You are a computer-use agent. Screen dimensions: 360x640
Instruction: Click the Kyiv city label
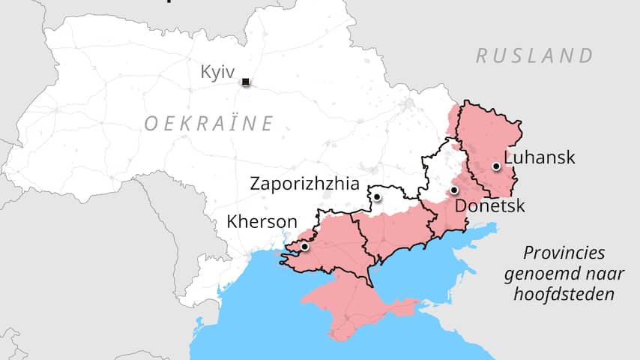coord(217,72)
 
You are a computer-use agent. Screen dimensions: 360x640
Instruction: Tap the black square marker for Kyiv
coord(245,82)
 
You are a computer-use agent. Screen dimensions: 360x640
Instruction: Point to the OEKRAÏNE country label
coord(209,123)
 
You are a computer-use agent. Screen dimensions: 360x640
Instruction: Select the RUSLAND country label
coord(534,55)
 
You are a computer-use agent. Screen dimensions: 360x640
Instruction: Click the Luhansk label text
coord(540,157)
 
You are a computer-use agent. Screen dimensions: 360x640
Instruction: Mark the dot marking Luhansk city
coord(495,166)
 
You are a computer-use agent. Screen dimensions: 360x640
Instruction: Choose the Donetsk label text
coord(490,206)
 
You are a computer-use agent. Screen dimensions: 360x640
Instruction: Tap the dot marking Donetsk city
coord(454,190)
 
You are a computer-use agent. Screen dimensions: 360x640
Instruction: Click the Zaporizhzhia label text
coord(304,183)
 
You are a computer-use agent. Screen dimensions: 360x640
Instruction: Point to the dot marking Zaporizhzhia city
coord(378,197)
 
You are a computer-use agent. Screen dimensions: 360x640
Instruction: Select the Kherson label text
coord(262,222)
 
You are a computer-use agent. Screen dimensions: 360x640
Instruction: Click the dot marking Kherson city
coord(304,246)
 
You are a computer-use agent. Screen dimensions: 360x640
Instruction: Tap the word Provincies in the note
coord(564,253)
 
